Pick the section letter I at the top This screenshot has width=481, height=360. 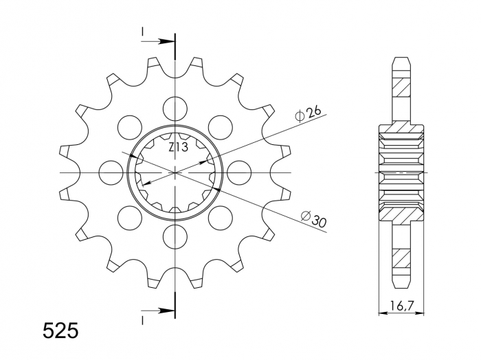click(x=143, y=32)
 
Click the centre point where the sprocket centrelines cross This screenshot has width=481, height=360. click(x=175, y=172)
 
